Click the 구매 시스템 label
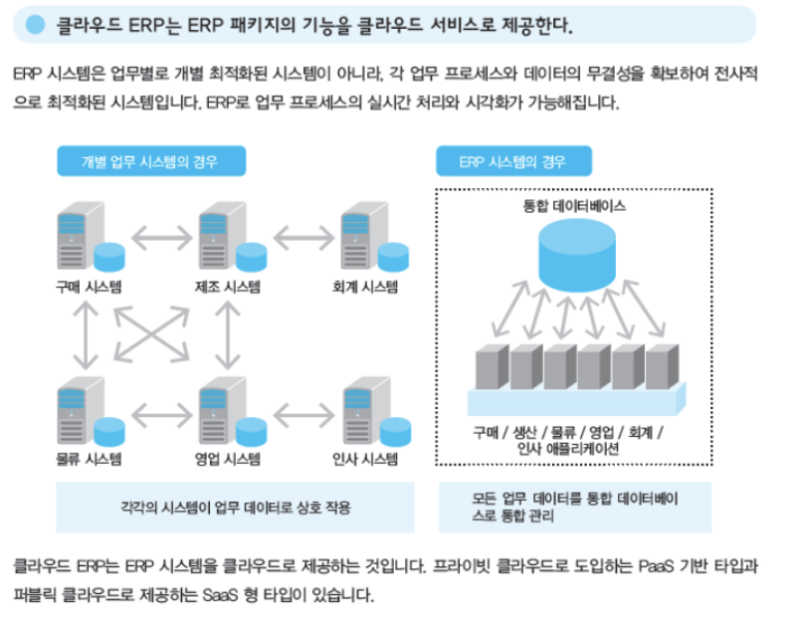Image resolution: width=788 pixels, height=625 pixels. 89,288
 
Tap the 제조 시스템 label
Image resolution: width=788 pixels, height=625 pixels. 228,288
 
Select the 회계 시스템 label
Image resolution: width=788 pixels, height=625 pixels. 365,288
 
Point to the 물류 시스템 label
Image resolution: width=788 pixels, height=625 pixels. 89,459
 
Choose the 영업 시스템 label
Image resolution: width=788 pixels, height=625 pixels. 228,459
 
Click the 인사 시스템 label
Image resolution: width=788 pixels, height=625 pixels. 365,459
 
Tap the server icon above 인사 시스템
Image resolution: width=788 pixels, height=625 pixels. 359,408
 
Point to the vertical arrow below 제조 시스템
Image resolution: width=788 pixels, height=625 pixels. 228,332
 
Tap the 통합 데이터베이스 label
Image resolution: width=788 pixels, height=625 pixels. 573,208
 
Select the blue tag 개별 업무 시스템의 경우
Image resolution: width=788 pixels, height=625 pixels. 149,161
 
